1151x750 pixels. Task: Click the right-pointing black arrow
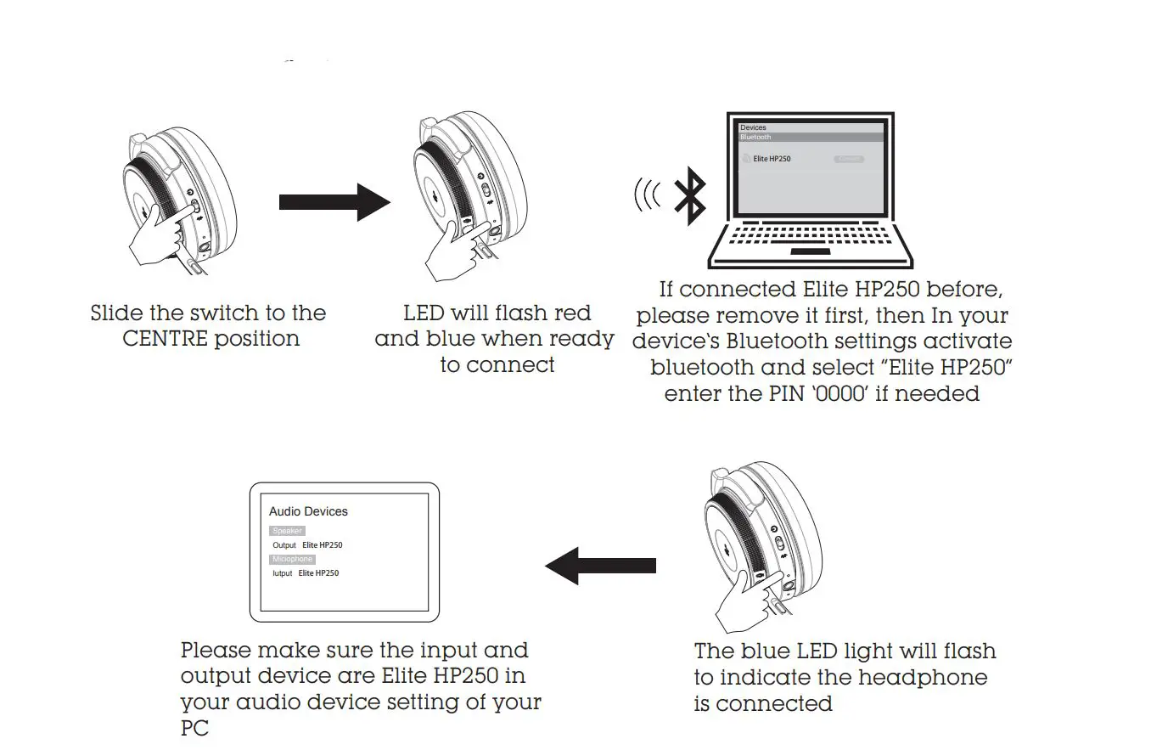pos(333,202)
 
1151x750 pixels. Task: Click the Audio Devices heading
pos(308,511)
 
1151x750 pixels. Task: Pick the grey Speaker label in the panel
pos(287,531)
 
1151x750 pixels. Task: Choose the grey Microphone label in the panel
pos(292,559)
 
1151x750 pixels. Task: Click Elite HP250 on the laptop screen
pos(772,159)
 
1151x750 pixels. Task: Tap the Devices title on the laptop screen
pos(753,127)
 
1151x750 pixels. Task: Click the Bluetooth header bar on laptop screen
pos(811,137)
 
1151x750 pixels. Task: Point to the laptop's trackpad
pos(811,251)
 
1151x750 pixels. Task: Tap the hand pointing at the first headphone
pos(157,240)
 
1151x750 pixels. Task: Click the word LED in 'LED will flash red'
pos(424,313)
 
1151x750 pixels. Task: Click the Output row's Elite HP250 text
pos(323,545)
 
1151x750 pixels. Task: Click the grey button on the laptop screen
pos(849,159)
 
